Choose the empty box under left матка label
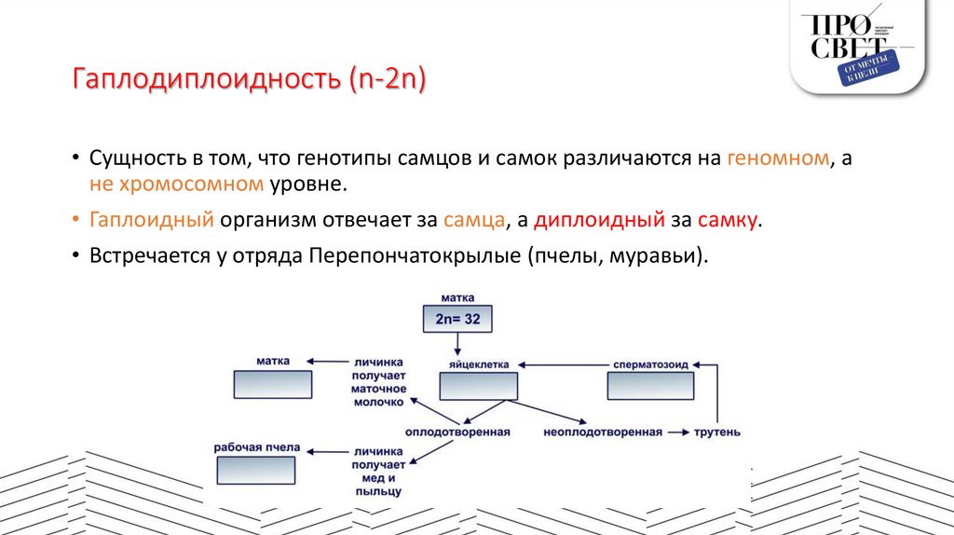point(272,384)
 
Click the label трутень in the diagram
point(716,432)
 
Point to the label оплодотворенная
point(457,432)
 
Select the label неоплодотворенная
point(603,432)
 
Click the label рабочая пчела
point(257,447)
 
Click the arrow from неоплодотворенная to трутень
point(677,432)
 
